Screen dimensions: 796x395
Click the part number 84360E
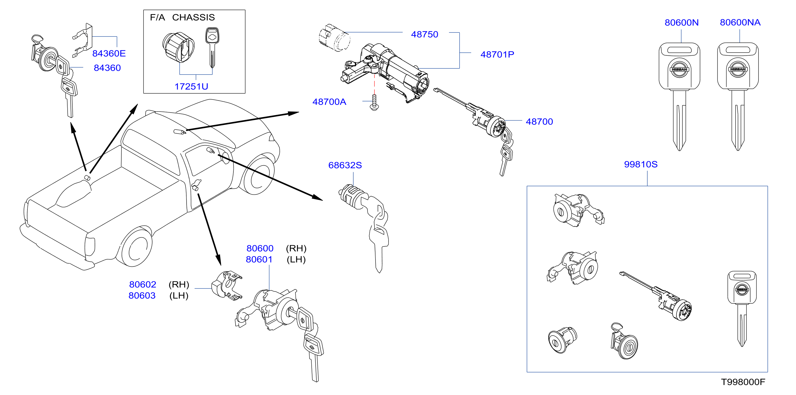[x=109, y=54]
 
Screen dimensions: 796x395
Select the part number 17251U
[x=191, y=87]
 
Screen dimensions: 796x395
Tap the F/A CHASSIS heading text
[x=182, y=17]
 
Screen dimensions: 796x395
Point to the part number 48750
[x=424, y=34]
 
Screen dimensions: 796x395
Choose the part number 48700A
[x=329, y=102]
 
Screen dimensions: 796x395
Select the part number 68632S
[x=345, y=165]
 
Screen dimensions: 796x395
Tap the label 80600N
[x=681, y=23]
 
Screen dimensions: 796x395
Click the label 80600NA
[x=740, y=22]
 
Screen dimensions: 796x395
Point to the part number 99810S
[x=641, y=164]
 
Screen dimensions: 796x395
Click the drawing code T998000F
[x=743, y=382]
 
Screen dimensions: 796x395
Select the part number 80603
[x=142, y=295]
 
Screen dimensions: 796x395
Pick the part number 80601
[x=259, y=259]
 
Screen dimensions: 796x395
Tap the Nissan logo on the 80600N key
[x=679, y=69]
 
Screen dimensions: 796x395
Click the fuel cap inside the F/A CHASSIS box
[x=178, y=47]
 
